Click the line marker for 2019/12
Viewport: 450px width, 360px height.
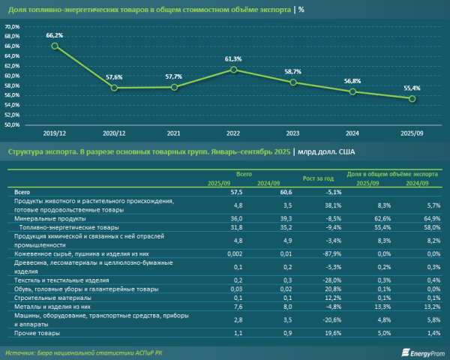pyautogui.click(x=55, y=46)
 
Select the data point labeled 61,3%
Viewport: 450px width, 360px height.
pyautogui.click(x=234, y=70)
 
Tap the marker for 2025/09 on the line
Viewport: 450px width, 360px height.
pyautogui.click(x=412, y=98)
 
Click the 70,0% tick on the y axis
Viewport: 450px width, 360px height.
pyautogui.click(x=13, y=26)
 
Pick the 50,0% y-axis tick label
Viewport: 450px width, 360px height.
pyautogui.click(x=13, y=124)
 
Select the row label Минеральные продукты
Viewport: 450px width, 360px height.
pyautogui.click(x=46, y=217)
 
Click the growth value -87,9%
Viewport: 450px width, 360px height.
pyautogui.click(x=311, y=255)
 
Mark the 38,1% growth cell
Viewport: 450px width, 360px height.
pyautogui.click(x=312, y=205)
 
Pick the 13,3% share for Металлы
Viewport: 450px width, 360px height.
pyautogui.click(x=361, y=305)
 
